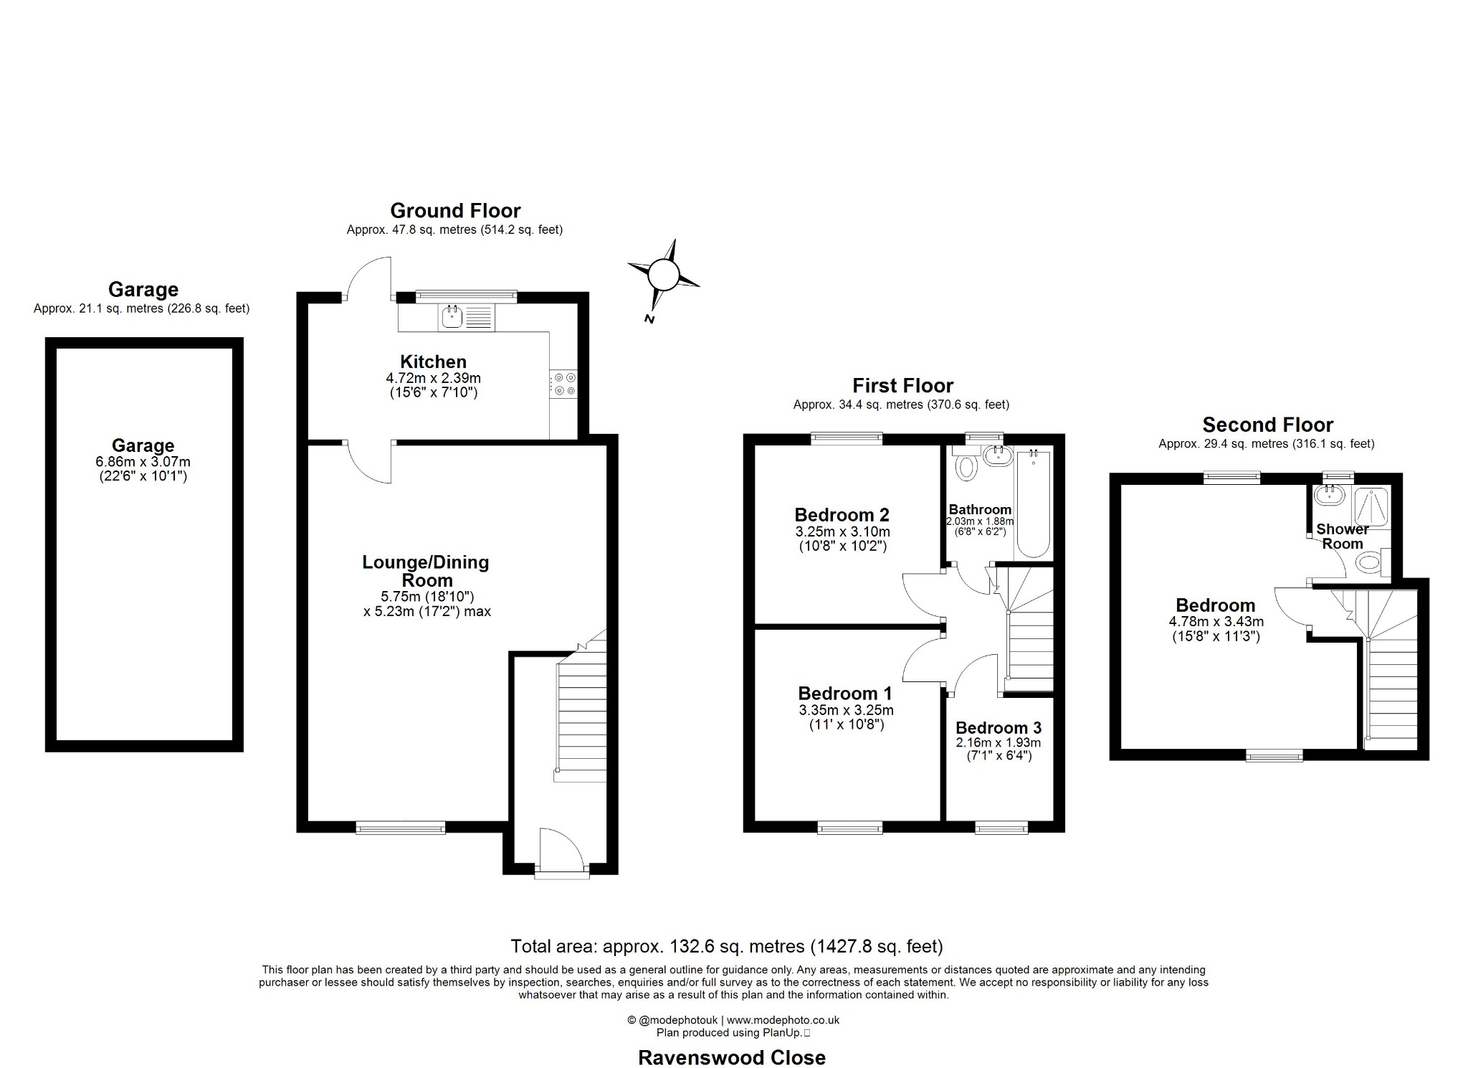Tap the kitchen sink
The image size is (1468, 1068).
pos(452,316)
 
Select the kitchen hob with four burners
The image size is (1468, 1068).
pos(563,384)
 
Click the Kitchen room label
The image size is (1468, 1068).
pos(433,361)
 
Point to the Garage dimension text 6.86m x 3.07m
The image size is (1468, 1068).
pos(143,462)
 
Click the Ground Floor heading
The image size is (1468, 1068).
pos(455,210)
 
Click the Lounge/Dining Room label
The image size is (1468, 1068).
pos(426,571)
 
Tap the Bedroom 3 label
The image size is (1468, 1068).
pos(998,727)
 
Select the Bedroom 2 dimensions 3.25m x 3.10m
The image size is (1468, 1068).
pos(842,531)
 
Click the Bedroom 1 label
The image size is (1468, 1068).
pos(845,693)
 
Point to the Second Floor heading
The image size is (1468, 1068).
pos(1267,424)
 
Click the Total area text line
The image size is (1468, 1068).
pos(726,946)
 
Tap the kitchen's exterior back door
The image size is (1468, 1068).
pos(367,278)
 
